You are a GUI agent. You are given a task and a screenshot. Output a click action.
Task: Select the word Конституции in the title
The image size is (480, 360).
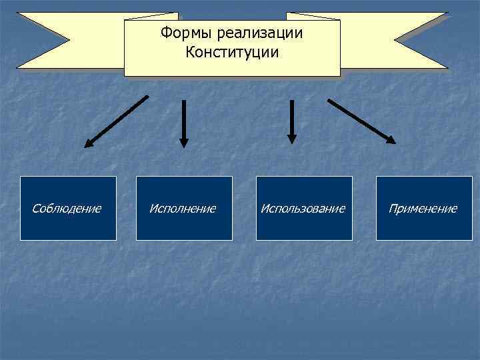click(x=232, y=51)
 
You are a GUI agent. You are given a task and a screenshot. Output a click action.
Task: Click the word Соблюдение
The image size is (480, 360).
click(x=67, y=209)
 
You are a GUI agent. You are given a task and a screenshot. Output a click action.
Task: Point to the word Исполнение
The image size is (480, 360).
click(x=183, y=209)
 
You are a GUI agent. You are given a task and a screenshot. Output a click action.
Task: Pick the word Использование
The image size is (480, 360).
click(x=303, y=209)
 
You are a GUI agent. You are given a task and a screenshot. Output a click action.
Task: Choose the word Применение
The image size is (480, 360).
click(x=423, y=209)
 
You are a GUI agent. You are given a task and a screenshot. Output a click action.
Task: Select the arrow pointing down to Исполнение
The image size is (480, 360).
click(x=184, y=123)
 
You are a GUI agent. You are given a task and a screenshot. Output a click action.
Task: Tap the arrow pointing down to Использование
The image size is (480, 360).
click(x=291, y=121)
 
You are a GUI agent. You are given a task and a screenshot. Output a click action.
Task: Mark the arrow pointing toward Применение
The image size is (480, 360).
click(x=361, y=121)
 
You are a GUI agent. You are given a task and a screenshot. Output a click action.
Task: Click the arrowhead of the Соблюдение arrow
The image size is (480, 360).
click(x=89, y=143)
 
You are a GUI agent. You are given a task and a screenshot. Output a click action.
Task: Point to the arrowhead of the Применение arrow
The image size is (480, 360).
click(x=391, y=140)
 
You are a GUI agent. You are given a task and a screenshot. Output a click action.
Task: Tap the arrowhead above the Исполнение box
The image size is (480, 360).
click(x=184, y=142)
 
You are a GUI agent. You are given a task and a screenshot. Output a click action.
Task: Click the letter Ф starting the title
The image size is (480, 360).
click(x=165, y=33)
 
